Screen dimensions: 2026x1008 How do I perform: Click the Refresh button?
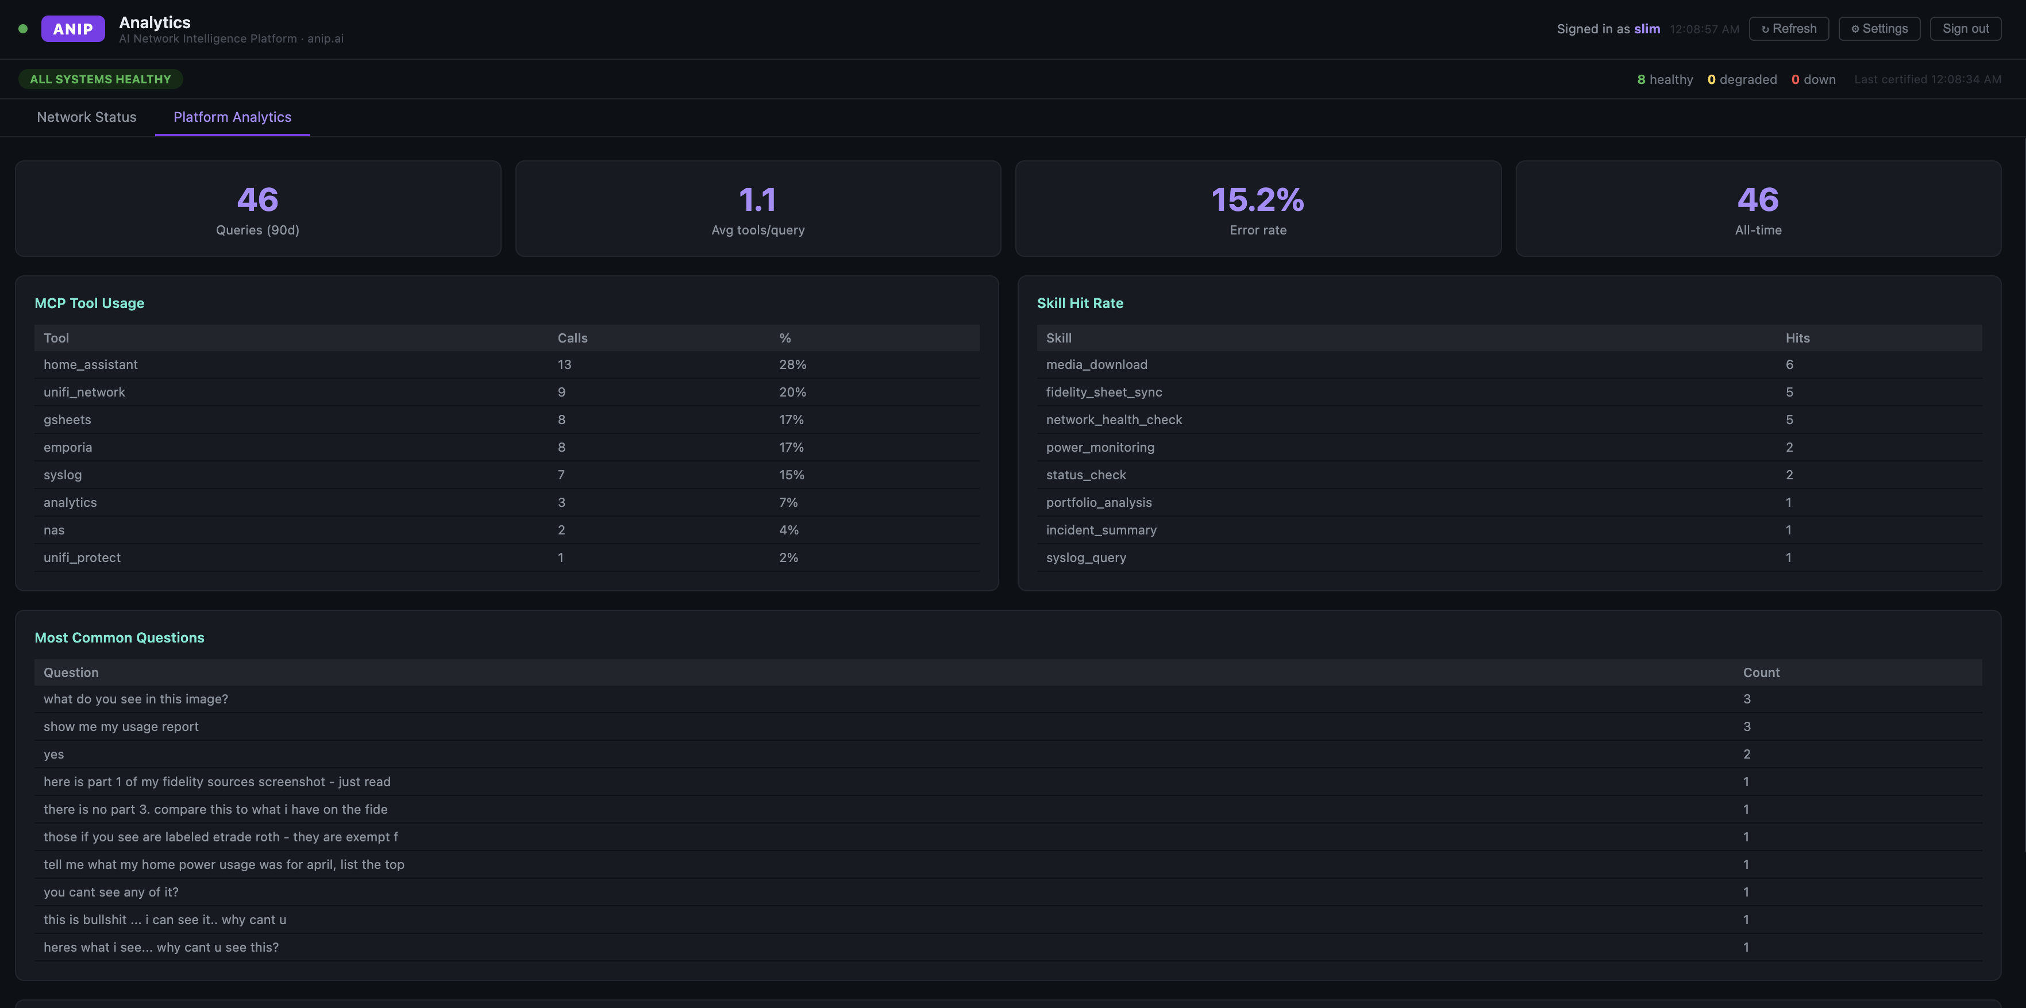point(1789,28)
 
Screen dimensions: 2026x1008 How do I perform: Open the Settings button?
point(1879,28)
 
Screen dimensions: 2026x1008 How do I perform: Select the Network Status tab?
point(87,117)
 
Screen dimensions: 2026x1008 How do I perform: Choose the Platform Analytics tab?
point(232,117)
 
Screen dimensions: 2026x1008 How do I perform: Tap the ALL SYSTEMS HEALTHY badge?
point(101,79)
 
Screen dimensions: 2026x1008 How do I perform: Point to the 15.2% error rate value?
point(1258,200)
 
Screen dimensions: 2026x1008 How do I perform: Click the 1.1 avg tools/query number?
point(757,200)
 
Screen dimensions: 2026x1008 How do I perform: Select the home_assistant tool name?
point(90,365)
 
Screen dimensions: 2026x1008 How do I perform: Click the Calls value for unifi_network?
point(561,393)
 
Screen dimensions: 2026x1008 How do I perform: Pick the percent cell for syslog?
point(791,475)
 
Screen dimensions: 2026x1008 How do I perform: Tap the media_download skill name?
point(1096,365)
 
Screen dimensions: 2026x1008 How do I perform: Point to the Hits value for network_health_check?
point(1789,420)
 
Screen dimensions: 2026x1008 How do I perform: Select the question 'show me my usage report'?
point(121,727)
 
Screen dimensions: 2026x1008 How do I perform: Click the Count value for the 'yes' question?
point(1747,755)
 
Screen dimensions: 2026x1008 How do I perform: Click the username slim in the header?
point(1647,29)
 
